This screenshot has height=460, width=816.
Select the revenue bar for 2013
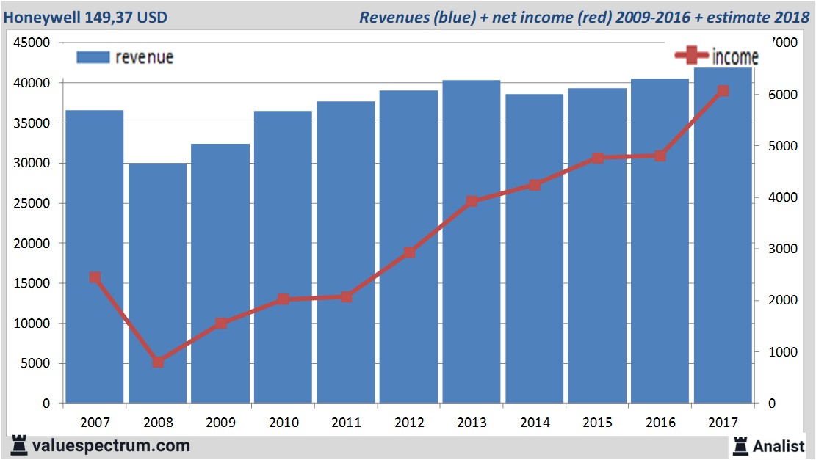coord(472,241)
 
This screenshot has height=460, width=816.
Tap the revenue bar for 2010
coord(284,257)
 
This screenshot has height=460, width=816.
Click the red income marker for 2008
coord(158,362)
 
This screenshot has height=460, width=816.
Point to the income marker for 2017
coord(723,91)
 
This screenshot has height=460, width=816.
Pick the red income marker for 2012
coord(409,252)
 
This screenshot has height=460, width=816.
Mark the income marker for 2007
coord(95,277)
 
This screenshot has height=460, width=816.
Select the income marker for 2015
coord(597,158)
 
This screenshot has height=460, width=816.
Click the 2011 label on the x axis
coord(347,423)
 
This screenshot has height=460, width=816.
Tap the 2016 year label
coord(660,423)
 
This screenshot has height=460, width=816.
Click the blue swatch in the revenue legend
coord(93,57)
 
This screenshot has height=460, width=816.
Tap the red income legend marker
coord(691,55)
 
